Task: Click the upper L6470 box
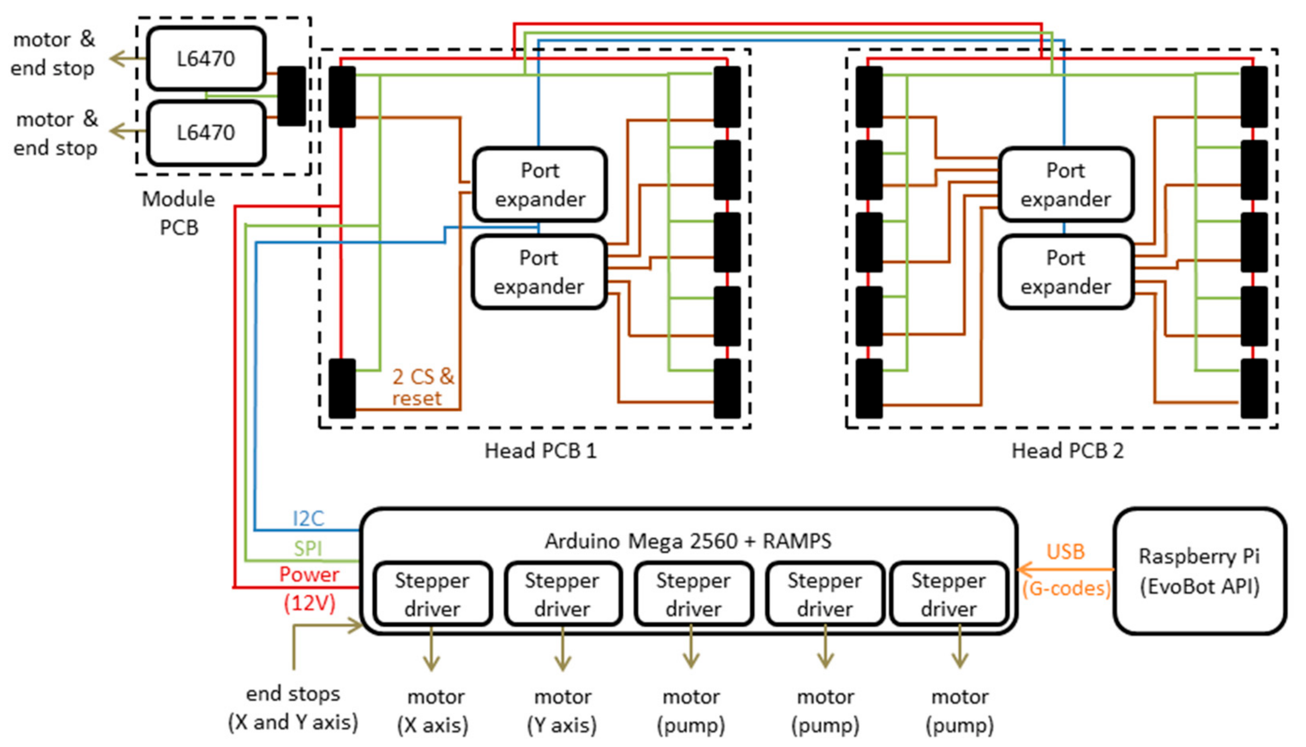pyautogui.click(x=206, y=58)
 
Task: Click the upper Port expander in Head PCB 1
pyautogui.click(x=539, y=185)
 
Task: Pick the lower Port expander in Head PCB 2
pyautogui.click(x=1066, y=272)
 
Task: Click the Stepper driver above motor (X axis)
pyautogui.click(x=432, y=594)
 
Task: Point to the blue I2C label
pyautogui.click(x=308, y=519)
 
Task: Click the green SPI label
pyautogui.click(x=308, y=549)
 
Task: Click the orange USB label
pyautogui.click(x=1065, y=552)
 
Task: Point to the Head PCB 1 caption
pyautogui.click(x=540, y=450)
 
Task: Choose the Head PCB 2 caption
pyautogui.click(x=1067, y=450)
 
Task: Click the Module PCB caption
pyautogui.click(x=179, y=213)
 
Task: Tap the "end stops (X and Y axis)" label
pyautogui.click(x=293, y=708)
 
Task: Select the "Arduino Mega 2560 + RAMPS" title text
pyautogui.click(x=688, y=541)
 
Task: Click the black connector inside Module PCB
pyautogui.click(x=291, y=96)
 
